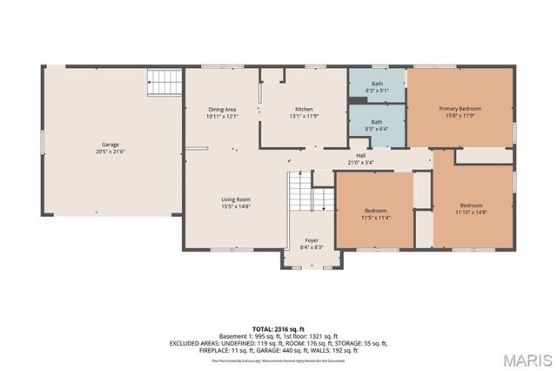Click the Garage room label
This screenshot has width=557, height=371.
click(x=111, y=145)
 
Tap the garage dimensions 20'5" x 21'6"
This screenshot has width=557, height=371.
click(x=111, y=152)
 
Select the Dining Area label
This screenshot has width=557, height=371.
click(x=222, y=109)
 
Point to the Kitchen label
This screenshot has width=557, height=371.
click(x=303, y=109)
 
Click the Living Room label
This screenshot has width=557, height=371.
click(x=235, y=199)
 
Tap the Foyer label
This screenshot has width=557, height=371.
click(x=311, y=240)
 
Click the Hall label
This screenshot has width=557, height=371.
click(x=360, y=155)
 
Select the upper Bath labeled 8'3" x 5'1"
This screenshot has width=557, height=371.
click(x=376, y=84)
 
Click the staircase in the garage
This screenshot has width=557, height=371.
click(x=164, y=83)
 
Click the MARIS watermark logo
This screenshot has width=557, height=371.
click(x=526, y=360)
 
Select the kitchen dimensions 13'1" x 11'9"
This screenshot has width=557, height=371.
click(x=303, y=116)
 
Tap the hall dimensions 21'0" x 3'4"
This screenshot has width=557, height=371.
click(x=360, y=162)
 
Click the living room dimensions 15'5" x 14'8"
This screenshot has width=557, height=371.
click(x=235, y=206)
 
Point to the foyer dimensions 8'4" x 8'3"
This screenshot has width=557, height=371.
click(x=311, y=247)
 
